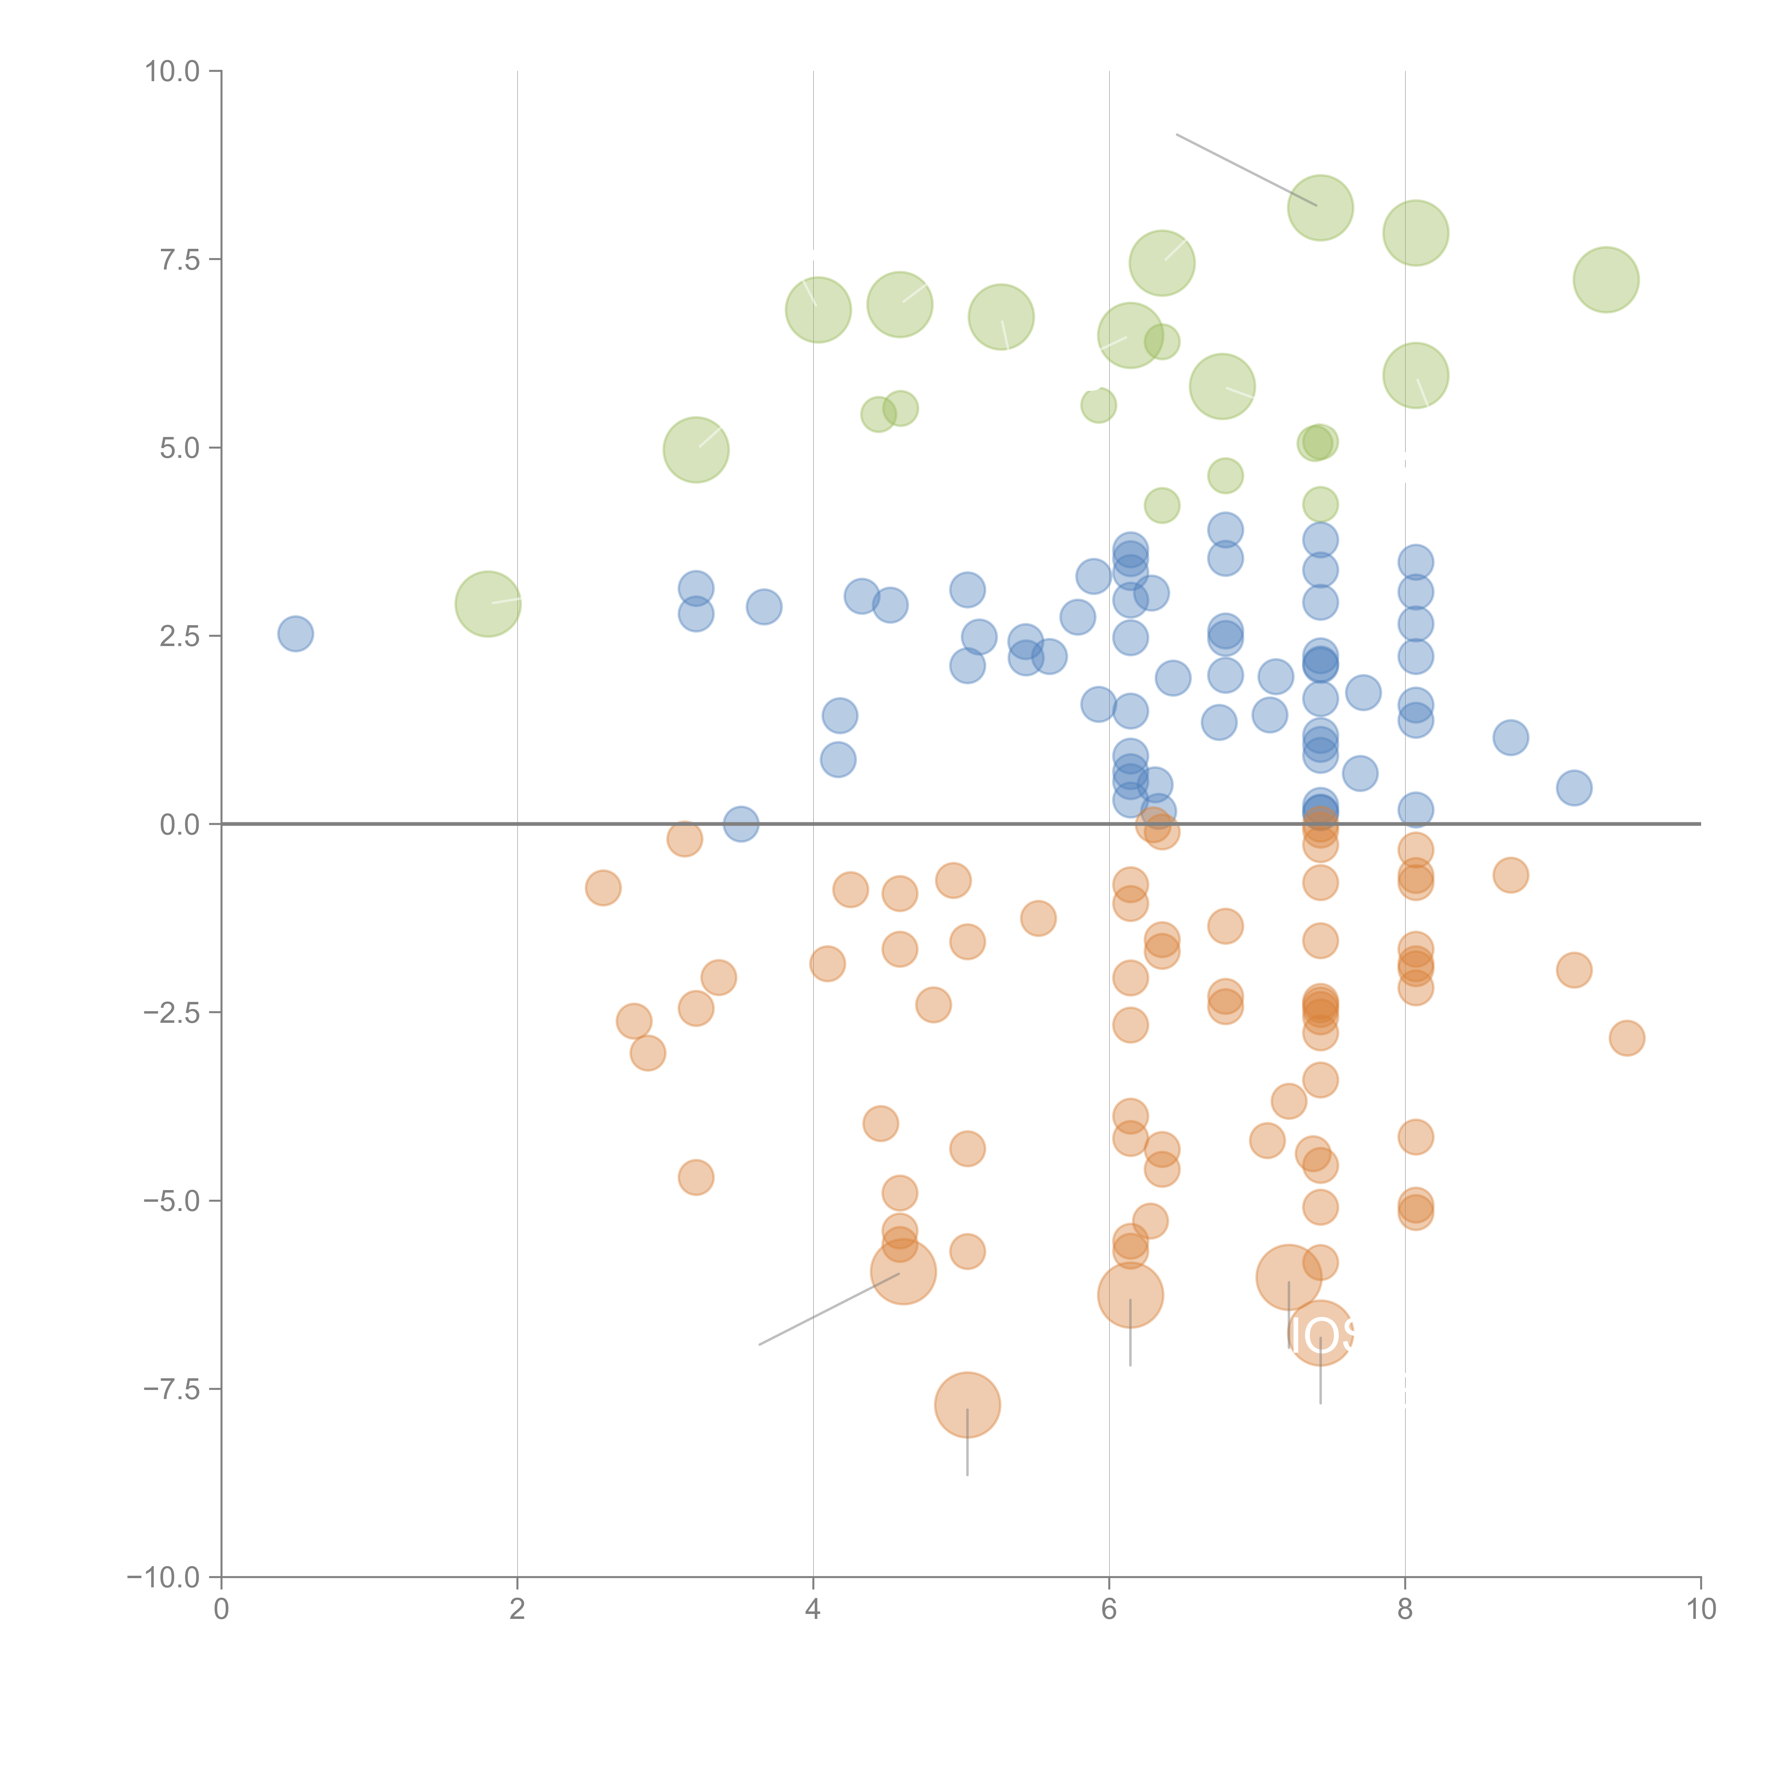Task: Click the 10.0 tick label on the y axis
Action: [173, 72]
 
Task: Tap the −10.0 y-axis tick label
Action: [163, 1577]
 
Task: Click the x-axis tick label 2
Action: [517, 1610]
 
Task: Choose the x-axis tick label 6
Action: [1109, 1610]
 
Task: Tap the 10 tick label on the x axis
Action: [1700, 1610]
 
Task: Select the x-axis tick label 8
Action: [1405, 1610]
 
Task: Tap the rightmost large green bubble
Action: [1606, 280]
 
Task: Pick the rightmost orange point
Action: [1626, 1038]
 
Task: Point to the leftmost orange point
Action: [602, 888]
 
